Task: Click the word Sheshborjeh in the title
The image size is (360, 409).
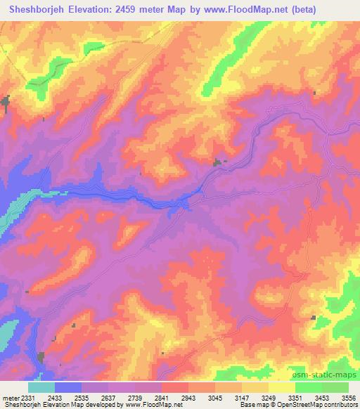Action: pyautogui.click(x=32, y=10)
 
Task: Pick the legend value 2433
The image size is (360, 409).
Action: pyautogui.click(x=55, y=398)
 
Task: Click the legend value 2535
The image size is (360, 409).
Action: pyautogui.click(x=82, y=398)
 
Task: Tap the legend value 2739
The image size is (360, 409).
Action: pyautogui.click(x=135, y=398)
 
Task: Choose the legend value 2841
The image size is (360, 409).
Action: pyautogui.click(x=162, y=398)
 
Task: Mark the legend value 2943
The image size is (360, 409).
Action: pyautogui.click(x=188, y=398)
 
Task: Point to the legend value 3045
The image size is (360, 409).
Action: pyautogui.click(x=215, y=398)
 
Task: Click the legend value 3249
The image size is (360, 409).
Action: pyautogui.click(x=269, y=398)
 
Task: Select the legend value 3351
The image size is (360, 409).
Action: pyautogui.click(x=295, y=398)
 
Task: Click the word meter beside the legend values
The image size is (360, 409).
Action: pyautogui.click(x=9, y=398)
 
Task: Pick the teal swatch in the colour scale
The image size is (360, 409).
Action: pyautogui.click(x=41, y=387)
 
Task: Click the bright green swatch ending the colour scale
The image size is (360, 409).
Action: pyautogui.click(x=335, y=387)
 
